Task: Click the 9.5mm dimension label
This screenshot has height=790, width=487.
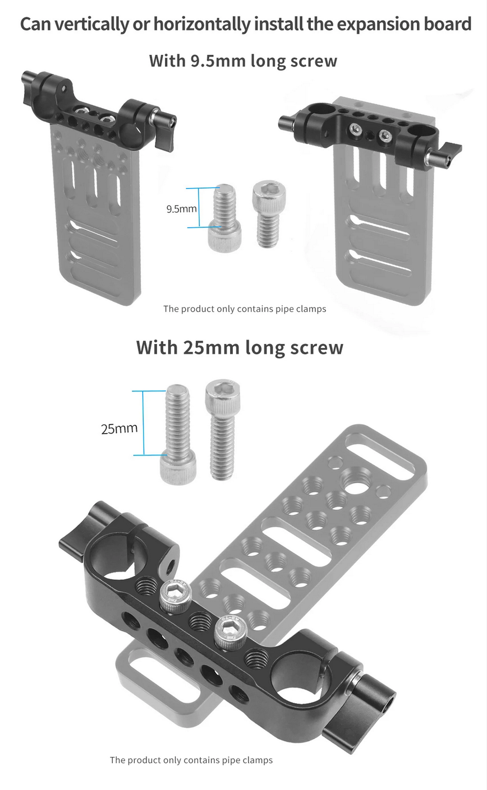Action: click(x=182, y=209)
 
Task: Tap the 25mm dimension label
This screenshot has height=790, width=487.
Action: click(x=119, y=429)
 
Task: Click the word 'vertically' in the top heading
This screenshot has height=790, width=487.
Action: click(x=92, y=24)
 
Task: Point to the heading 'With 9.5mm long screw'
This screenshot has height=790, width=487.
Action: click(x=243, y=61)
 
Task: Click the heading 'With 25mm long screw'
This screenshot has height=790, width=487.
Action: click(x=240, y=347)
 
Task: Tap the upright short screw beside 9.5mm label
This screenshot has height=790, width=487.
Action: click(x=224, y=217)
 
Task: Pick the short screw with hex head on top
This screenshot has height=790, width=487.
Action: click(x=269, y=213)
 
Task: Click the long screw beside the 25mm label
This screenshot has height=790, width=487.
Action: click(x=178, y=434)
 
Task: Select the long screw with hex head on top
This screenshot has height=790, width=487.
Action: click(x=223, y=429)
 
